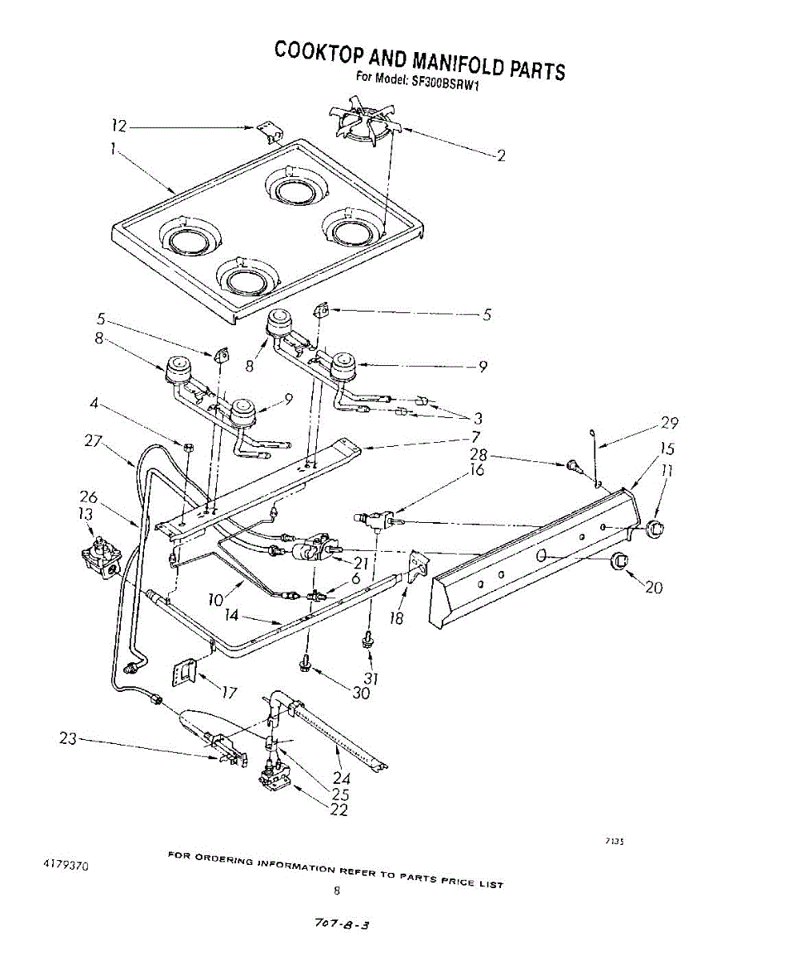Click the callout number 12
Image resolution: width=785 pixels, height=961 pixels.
[119, 126]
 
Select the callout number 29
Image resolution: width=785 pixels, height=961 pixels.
[668, 423]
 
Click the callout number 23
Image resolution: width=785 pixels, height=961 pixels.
[67, 739]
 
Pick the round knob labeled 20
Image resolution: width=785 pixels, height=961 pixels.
[619, 562]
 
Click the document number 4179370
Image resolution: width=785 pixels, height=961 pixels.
[66, 865]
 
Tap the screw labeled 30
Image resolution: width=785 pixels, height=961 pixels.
[305, 662]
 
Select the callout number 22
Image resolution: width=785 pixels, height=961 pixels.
[338, 810]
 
